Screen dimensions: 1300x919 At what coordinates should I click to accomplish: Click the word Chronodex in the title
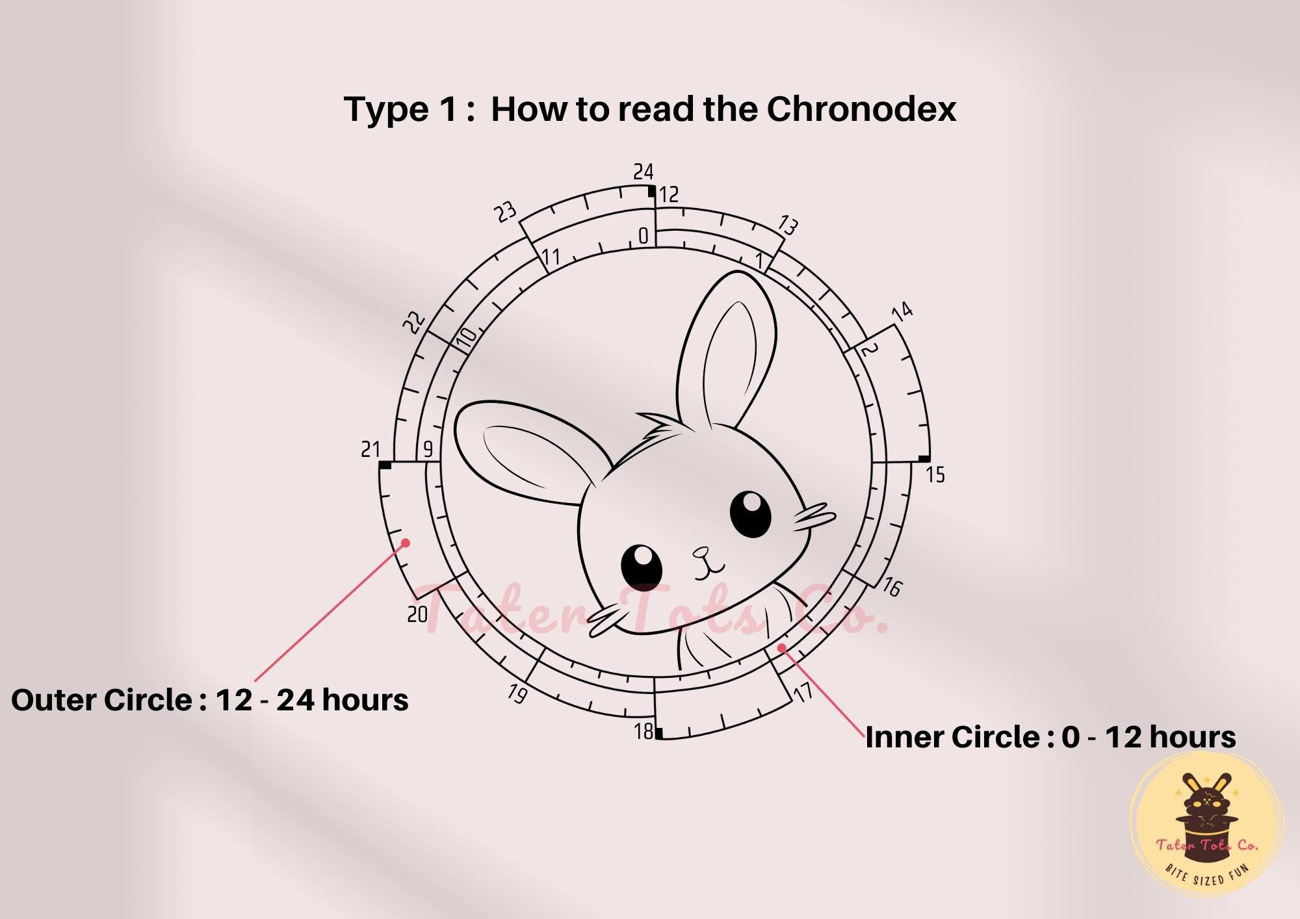(x=861, y=109)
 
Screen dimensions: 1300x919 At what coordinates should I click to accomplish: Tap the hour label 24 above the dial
(x=643, y=172)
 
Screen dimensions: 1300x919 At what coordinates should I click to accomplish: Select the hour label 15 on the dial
(x=935, y=475)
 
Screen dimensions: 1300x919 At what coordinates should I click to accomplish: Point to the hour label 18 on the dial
(x=643, y=732)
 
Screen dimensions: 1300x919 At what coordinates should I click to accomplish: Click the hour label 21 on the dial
(x=370, y=449)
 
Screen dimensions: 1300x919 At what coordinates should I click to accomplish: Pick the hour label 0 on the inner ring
(x=643, y=236)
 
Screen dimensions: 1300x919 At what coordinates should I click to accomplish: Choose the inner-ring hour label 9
(x=428, y=449)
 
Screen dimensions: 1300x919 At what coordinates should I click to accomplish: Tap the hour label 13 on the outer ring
(x=787, y=226)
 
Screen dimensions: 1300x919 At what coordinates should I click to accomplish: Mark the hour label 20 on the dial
(x=417, y=614)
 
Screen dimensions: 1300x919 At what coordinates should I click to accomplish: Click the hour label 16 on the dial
(x=892, y=587)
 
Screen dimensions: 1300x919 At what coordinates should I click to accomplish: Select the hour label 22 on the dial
(x=415, y=322)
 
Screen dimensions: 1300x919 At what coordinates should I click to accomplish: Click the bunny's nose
(x=701, y=554)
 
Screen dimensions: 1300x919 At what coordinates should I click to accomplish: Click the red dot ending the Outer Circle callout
(x=406, y=542)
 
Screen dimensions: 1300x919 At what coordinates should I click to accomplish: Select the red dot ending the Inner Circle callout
(x=781, y=647)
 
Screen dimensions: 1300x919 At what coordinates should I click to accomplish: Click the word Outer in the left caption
(x=55, y=700)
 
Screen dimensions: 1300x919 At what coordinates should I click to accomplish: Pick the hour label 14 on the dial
(x=902, y=312)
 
